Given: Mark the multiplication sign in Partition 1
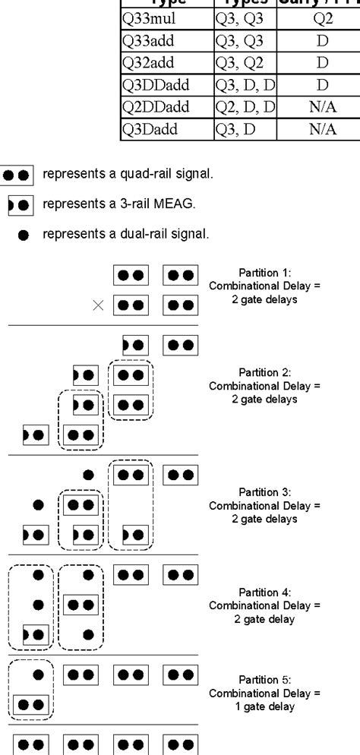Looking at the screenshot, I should coord(97,305).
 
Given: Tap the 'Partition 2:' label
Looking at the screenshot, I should coord(265,372).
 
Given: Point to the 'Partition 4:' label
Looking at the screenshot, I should coord(265,592).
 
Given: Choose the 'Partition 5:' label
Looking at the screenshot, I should coord(265,680).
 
